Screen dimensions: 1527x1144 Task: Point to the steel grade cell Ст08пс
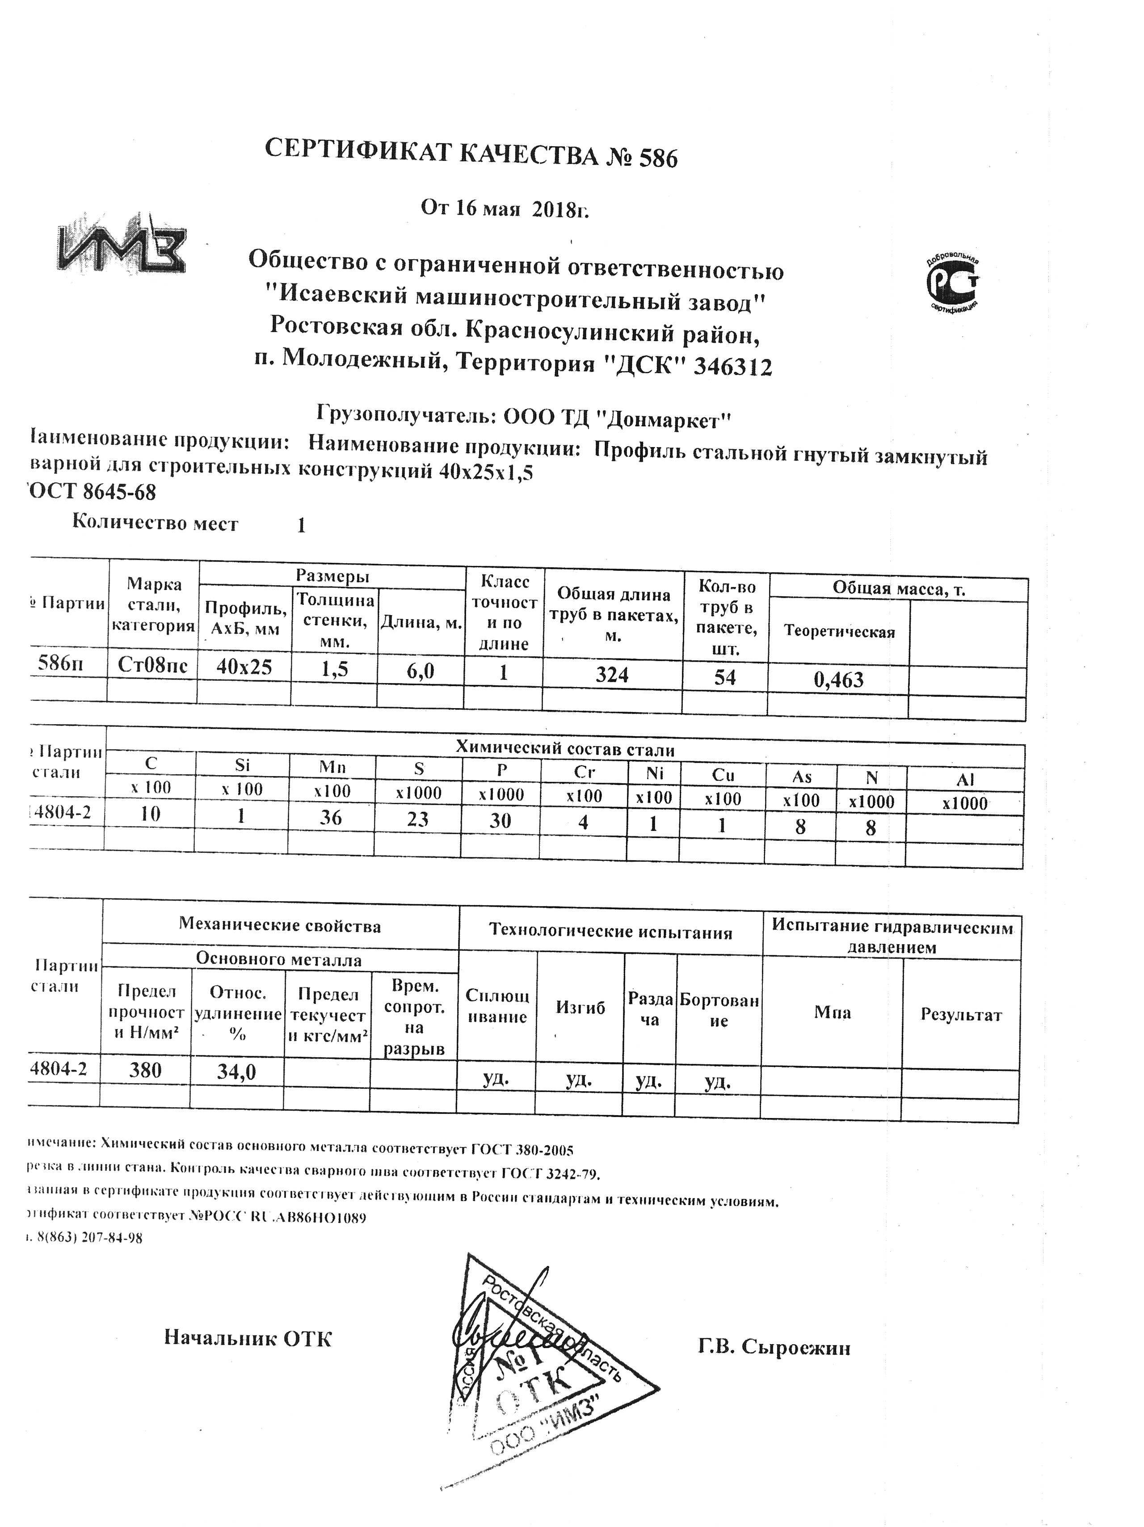[x=152, y=666]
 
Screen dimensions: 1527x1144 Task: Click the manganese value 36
[x=331, y=817]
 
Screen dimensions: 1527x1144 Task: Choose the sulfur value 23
[x=417, y=819]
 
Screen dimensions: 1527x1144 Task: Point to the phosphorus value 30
[x=500, y=821]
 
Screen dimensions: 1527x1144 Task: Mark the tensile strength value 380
[x=146, y=1070]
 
